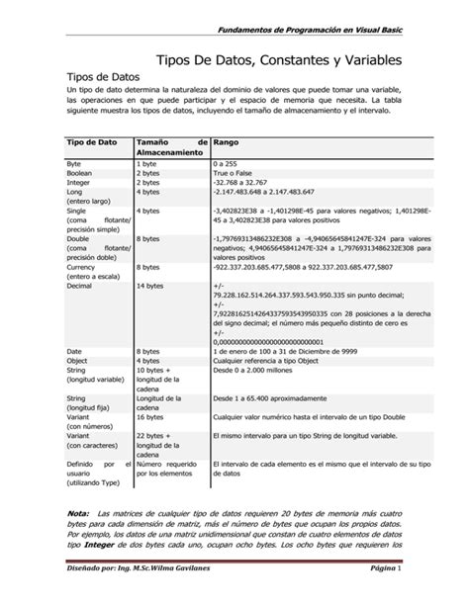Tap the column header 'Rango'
[227, 142]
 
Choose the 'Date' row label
[74, 351]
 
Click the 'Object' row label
[78, 361]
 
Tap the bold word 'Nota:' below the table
[76, 513]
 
